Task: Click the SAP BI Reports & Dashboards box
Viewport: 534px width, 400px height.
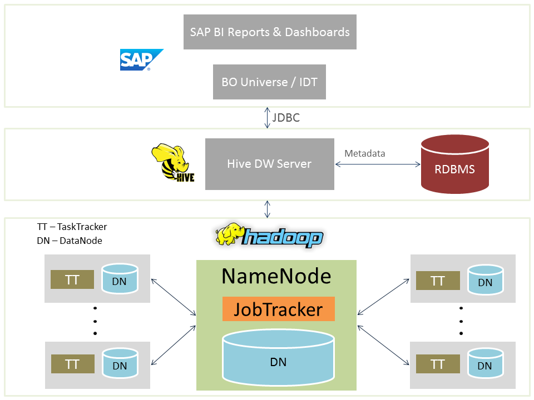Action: coord(270,32)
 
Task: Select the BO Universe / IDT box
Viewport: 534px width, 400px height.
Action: coord(269,82)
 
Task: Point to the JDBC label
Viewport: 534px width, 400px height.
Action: coord(286,118)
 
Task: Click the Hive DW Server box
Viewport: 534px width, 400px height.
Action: coord(269,164)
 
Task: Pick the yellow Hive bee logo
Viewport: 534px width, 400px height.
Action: coord(172,162)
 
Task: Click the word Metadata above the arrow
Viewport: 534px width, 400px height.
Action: coord(365,153)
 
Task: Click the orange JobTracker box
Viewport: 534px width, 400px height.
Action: coord(278,309)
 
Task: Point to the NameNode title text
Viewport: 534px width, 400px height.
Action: coord(276,276)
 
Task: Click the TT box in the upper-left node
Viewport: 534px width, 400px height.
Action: coord(72,279)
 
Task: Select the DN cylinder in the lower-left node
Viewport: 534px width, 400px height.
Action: coord(120,363)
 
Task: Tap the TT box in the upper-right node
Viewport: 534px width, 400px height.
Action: coord(438,281)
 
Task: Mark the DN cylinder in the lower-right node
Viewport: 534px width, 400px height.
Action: coord(485,363)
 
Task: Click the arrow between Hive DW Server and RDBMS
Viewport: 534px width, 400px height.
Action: coord(378,164)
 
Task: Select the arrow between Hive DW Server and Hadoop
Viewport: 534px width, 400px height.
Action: coord(268,209)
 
